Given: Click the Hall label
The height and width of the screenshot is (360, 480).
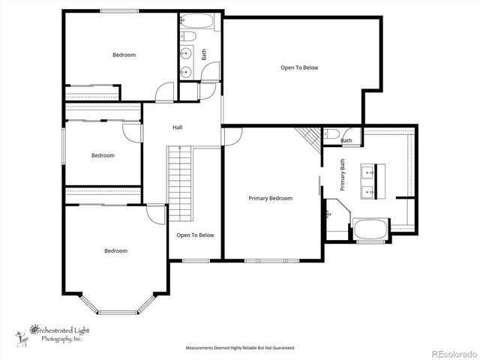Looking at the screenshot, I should [178, 127].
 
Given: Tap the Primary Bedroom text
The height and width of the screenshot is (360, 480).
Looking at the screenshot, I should [270, 198].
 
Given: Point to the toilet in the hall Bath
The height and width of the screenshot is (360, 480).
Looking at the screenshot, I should [188, 35].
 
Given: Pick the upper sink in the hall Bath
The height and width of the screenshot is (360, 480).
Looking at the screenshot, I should [185, 53].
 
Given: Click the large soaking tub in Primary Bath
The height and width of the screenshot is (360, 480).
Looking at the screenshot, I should [370, 229].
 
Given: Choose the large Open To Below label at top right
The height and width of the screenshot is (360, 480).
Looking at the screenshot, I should [299, 67].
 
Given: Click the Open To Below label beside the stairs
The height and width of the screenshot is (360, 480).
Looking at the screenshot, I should [195, 235].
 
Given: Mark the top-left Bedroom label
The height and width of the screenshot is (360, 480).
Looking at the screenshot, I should [124, 55].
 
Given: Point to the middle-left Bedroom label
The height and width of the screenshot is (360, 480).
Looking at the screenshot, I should [103, 155].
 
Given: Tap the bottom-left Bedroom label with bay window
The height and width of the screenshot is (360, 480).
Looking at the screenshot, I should [115, 250].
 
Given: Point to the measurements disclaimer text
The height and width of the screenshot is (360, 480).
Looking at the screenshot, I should [240, 348].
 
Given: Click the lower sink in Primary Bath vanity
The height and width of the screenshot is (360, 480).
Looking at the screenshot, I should [368, 192].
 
